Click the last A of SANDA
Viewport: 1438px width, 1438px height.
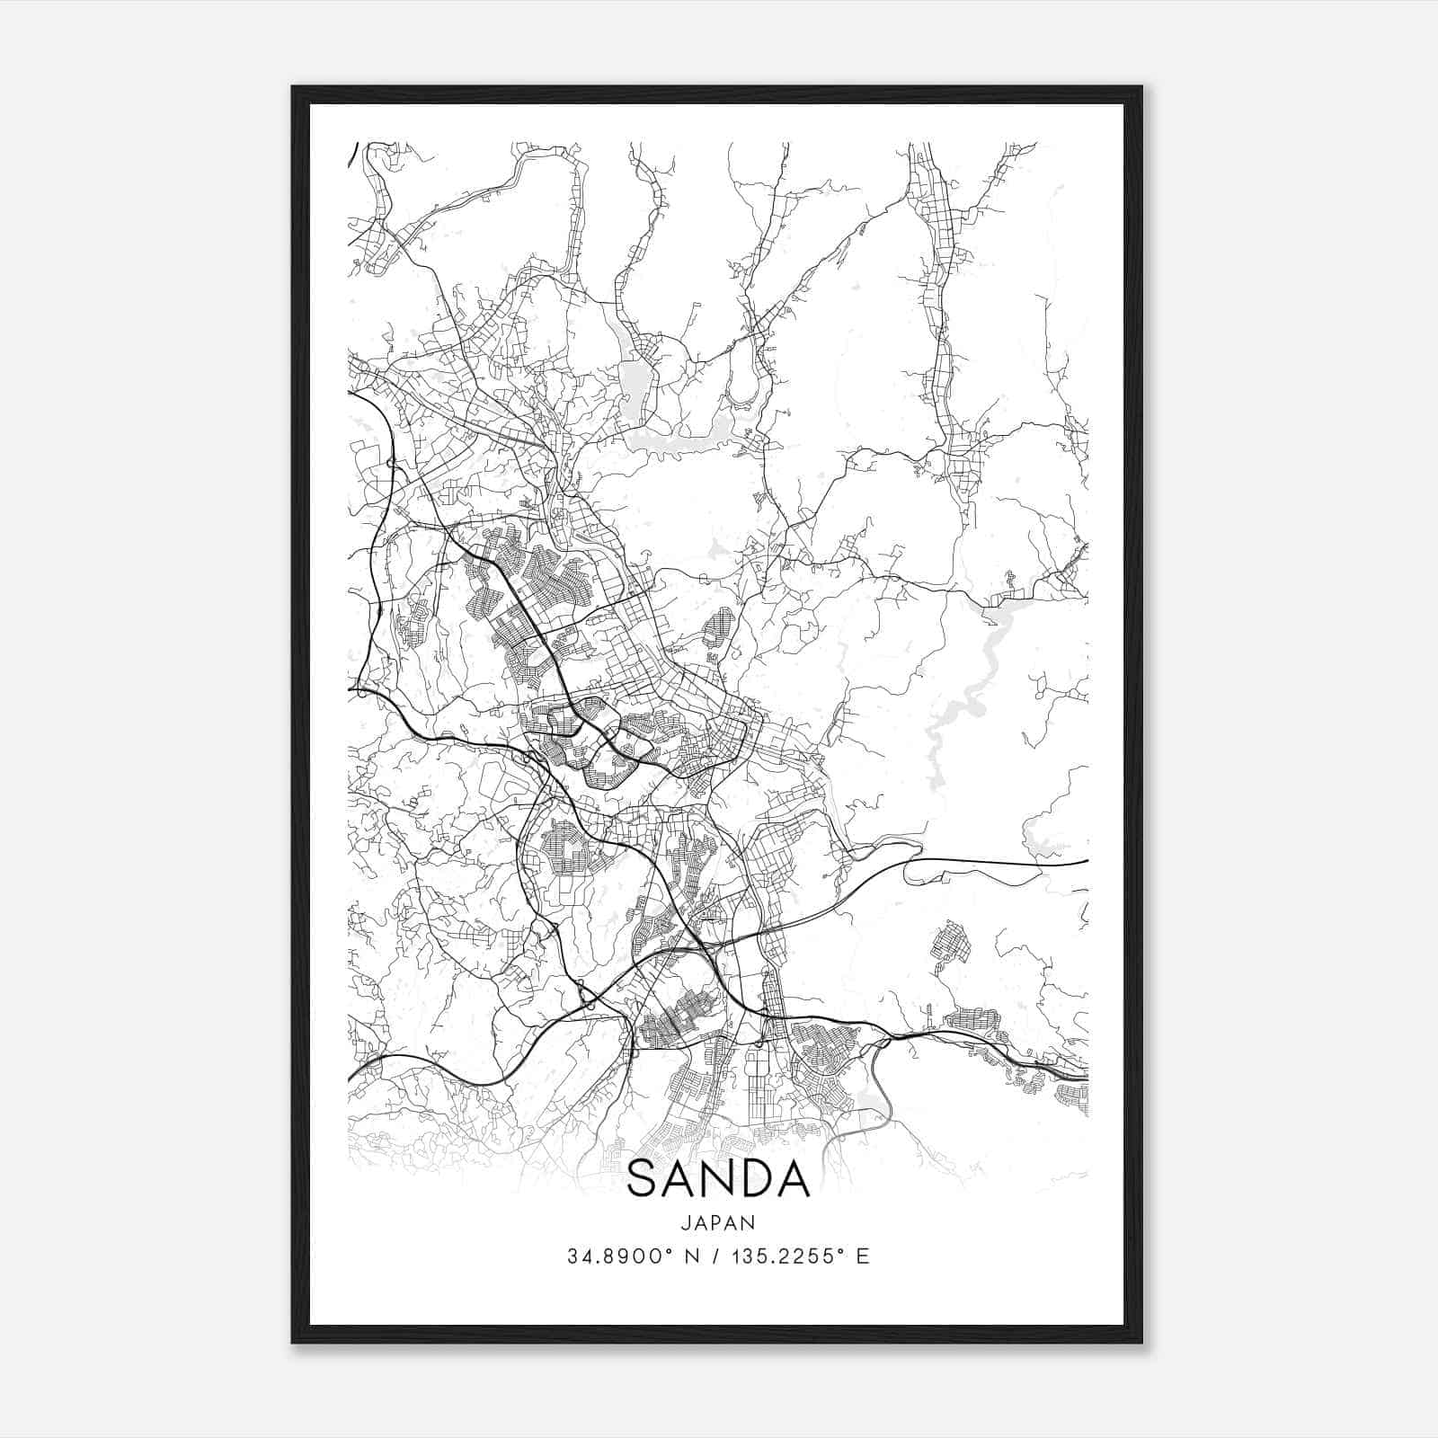[793, 1179]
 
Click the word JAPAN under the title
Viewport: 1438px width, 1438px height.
[717, 1222]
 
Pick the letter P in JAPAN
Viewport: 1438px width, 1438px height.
[717, 1222]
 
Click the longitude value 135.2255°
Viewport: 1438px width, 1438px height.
[787, 1256]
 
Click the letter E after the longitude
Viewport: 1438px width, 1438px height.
[863, 1256]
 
